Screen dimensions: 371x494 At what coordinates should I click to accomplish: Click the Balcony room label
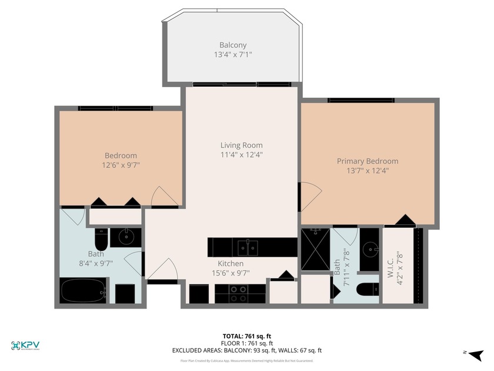[x=233, y=45]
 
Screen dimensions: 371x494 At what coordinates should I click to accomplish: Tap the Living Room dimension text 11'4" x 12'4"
[x=241, y=155]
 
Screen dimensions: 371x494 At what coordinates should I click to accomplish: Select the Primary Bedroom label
[x=367, y=161]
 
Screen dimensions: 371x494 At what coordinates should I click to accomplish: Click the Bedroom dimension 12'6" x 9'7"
[x=121, y=165]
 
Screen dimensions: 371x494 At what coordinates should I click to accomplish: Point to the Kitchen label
[x=231, y=263]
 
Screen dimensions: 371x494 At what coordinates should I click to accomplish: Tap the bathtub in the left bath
[x=83, y=290]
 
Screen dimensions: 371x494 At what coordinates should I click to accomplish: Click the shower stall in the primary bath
[x=315, y=250]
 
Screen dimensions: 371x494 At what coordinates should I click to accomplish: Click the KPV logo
[x=25, y=345]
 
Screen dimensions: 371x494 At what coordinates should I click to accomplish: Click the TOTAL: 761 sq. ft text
[x=246, y=336]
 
